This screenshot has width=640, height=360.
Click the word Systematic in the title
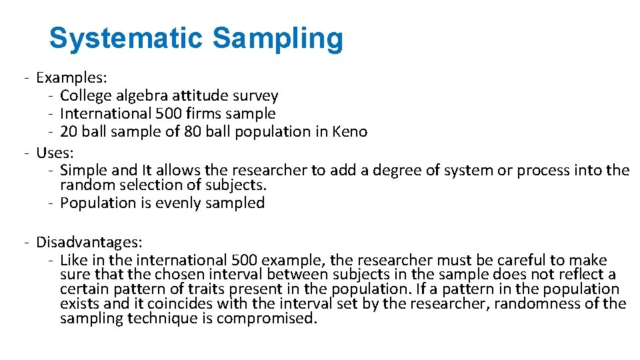coord(125,39)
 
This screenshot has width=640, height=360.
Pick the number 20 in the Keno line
coord(69,131)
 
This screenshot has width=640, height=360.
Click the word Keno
coord(350,131)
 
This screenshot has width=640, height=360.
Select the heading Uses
coord(53,153)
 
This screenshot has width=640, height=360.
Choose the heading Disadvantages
coord(89,243)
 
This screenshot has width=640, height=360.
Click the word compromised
coord(265,319)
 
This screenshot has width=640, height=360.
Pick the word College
coord(86,97)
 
